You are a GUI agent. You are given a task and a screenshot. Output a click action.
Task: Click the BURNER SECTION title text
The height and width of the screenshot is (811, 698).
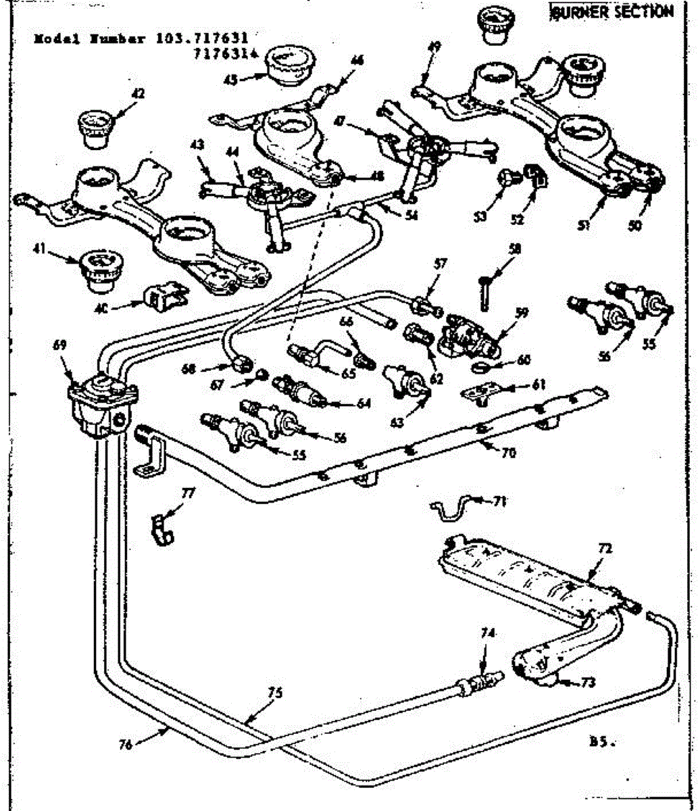(x=612, y=12)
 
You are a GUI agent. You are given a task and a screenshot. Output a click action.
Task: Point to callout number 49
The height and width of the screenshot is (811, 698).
(x=434, y=47)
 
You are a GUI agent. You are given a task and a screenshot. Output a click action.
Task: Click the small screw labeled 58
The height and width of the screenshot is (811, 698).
(x=486, y=291)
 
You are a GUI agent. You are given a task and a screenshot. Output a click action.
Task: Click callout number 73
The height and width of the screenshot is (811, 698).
(x=588, y=683)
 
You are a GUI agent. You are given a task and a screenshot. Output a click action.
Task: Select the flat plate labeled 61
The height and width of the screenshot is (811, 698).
(x=480, y=393)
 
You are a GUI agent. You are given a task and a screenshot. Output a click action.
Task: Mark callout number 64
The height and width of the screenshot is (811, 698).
(x=364, y=404)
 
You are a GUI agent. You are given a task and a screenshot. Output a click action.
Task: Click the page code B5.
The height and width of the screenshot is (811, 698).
(x=601, y=741)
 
